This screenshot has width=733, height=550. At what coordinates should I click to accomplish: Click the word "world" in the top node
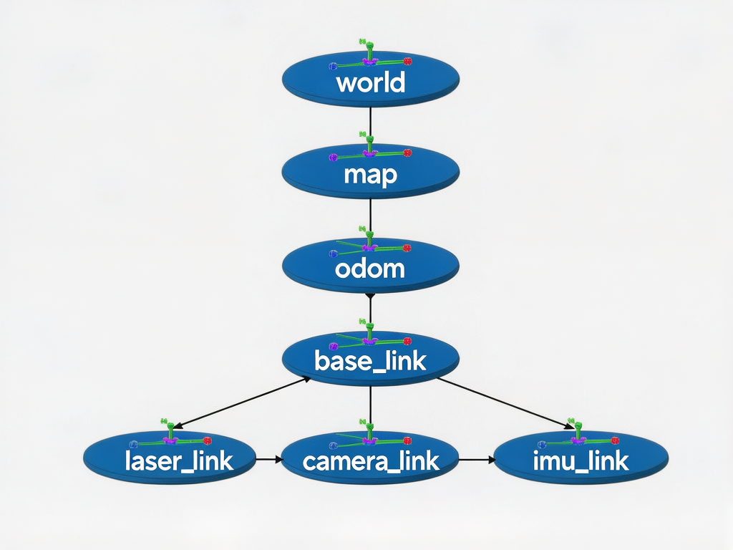pos(370,83)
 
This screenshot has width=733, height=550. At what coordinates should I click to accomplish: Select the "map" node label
pos(370,174)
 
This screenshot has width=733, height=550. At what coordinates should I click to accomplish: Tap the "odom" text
pos(370,269)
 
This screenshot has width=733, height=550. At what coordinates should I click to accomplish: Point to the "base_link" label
pos(370,361)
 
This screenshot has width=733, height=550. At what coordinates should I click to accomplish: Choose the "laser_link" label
pos(179,460)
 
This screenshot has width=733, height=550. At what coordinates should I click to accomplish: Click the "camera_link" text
pos(370,460)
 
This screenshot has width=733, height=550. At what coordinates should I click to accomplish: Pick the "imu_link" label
pos(581,460)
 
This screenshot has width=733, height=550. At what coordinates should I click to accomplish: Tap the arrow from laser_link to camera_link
pos(268,459)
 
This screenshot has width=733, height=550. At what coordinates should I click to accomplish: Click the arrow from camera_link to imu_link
pos(477,459)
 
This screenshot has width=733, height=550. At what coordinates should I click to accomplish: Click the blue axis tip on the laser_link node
pos(133,444)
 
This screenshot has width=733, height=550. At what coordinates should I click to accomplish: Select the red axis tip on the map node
pos(407,153)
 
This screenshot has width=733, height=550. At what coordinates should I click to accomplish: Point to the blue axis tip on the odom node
pos(333,254)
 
